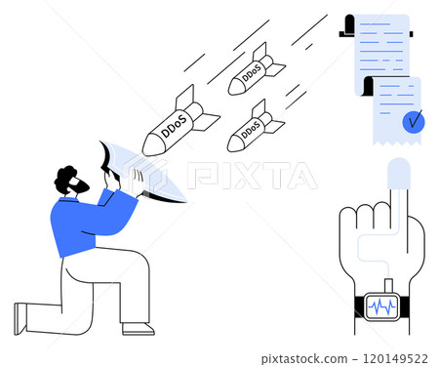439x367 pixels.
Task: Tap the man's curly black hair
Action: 66,177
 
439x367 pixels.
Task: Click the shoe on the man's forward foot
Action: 138,328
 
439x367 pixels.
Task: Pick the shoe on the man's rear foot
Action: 20,318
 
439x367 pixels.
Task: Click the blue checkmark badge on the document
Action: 414,122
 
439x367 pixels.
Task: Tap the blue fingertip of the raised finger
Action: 399,175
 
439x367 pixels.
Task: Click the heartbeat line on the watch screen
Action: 381,306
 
